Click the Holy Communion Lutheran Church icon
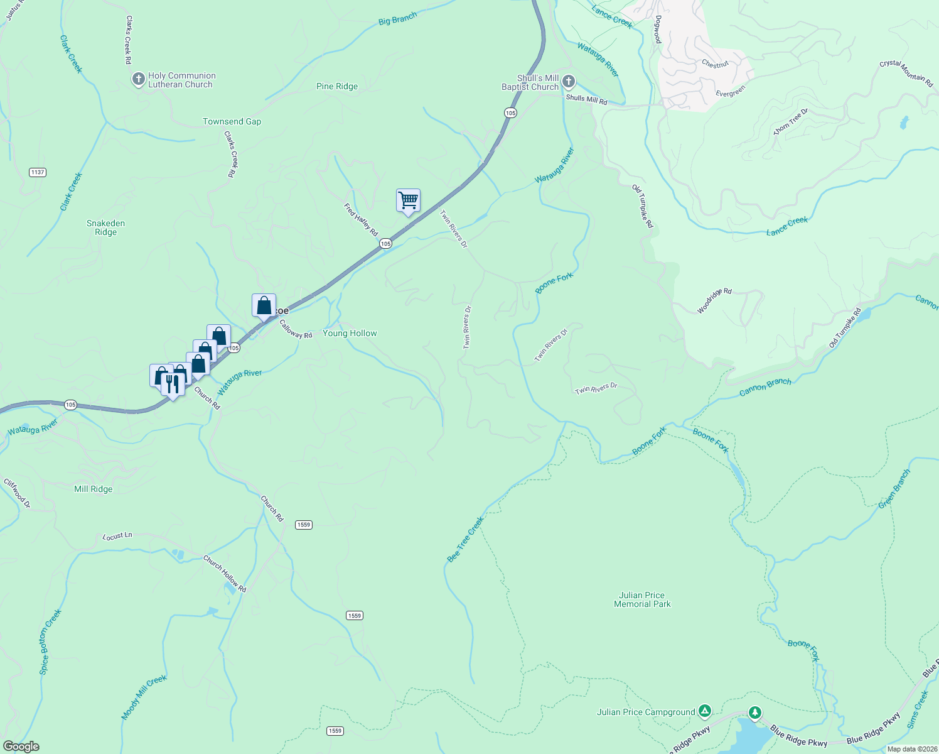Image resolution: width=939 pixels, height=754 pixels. [x=138, y=80]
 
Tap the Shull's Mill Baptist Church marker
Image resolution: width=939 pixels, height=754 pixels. [x=569, y=82]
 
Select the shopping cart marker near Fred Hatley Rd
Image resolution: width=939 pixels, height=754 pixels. [x=408, y=201]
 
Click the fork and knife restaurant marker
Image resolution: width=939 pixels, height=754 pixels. [x=173, y=383]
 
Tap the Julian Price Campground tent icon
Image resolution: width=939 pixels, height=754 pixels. [x=705, y=711]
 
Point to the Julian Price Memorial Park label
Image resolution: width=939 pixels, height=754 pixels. [x=642, y=599]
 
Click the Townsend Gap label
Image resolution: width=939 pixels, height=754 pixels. [x=232, y=121]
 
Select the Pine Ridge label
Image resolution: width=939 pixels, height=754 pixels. [x=337, y=86]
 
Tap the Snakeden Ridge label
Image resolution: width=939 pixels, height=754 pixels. [x=105, y=227]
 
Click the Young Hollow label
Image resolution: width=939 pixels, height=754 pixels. [x=350, y=333]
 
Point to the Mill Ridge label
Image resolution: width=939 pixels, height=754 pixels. [x=94, y=489]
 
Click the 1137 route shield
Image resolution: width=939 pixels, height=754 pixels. [x=38, y=172]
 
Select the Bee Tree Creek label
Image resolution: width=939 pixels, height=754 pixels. [x=465, y=539]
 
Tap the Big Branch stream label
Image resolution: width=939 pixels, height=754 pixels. [x=398, y=19]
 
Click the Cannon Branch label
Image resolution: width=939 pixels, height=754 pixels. [x=765, y=386]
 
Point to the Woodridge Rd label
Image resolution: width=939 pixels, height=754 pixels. [x=714, y=301]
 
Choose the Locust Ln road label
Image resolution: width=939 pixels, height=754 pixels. [x=117, y=536]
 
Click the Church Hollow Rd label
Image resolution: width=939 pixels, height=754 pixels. [x=225, y=573]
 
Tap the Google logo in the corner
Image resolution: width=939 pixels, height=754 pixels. [x=21, y=746]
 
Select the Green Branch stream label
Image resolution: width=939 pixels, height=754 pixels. [x=894, y=489]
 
